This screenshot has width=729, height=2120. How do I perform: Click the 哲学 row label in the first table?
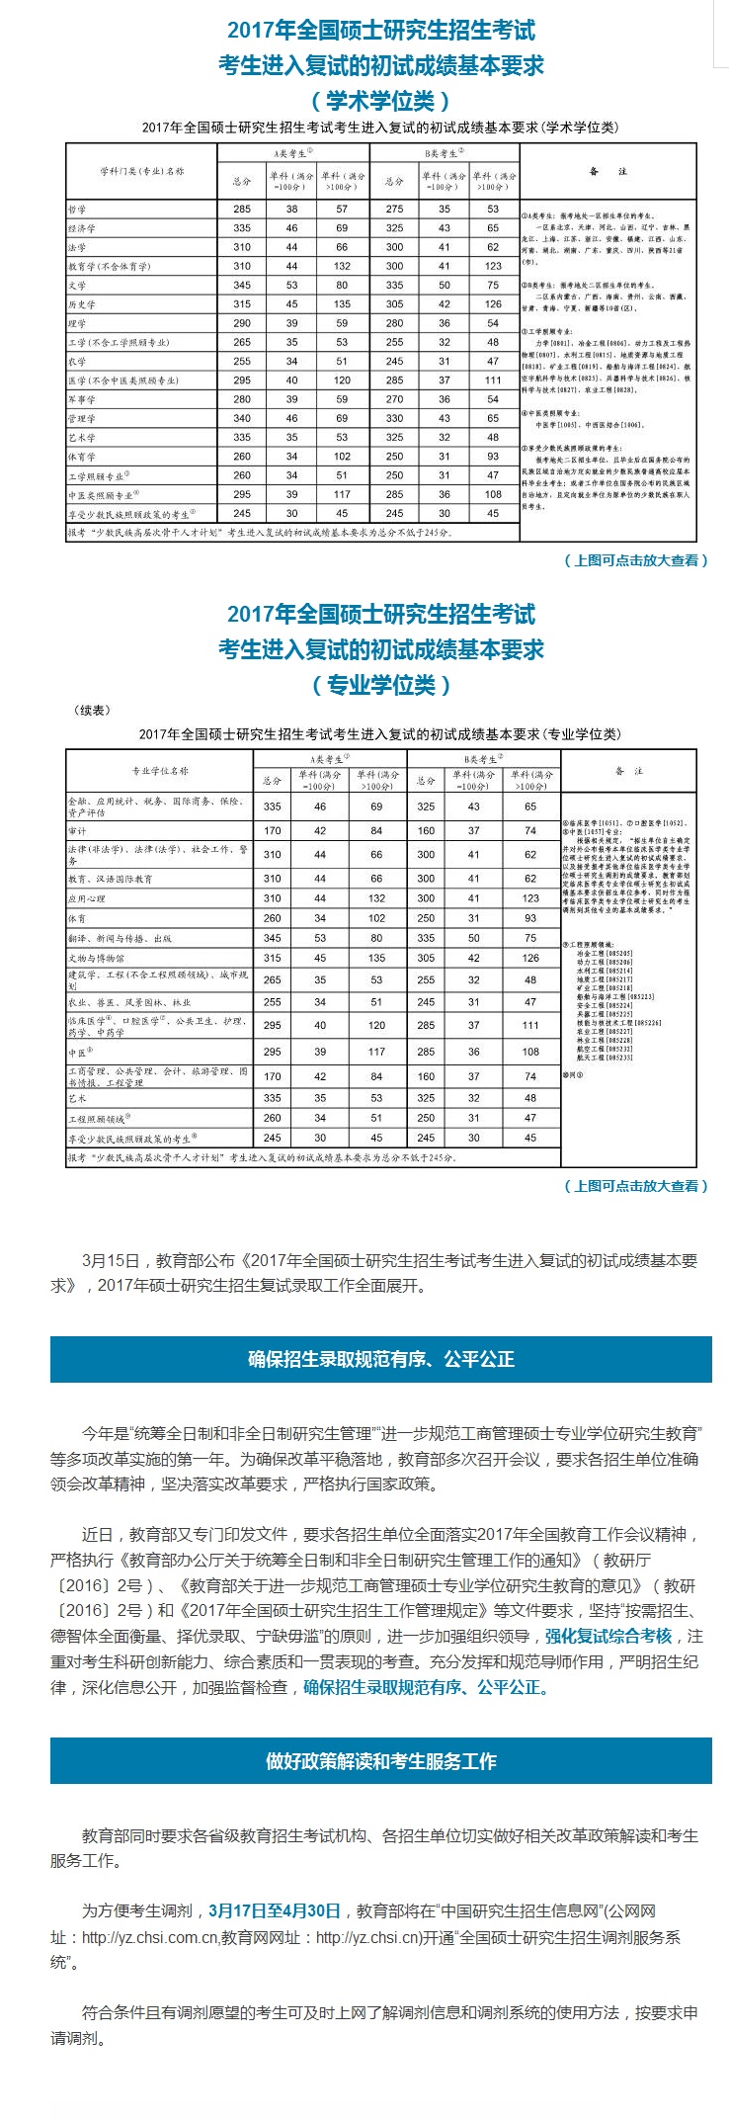coord(77,210)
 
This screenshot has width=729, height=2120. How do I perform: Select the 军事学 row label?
coord(82,399)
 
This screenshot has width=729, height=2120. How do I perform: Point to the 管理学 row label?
coord(82,419)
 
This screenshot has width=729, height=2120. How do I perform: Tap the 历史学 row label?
coord(82,304)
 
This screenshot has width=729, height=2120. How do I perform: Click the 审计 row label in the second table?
coord(77,831)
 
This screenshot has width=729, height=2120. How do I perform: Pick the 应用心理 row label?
coord(86,898)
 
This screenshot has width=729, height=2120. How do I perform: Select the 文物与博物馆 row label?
coord(96,958)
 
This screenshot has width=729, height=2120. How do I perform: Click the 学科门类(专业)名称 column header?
coord(141,171)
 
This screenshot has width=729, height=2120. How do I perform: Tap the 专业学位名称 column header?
coord(159,771)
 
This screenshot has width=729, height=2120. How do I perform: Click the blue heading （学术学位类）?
coord(380,101)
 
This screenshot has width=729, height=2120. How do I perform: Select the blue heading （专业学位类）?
coord(380,685)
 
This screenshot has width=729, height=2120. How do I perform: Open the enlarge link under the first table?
coord(636,560)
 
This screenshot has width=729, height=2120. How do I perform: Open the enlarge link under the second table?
coord(636,1186)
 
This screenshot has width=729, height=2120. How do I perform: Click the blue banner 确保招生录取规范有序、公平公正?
coord(380,1359)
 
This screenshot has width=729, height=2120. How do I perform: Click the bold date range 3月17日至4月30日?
coord(275,1911)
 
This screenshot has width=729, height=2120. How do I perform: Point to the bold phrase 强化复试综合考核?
coord(608,1636)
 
